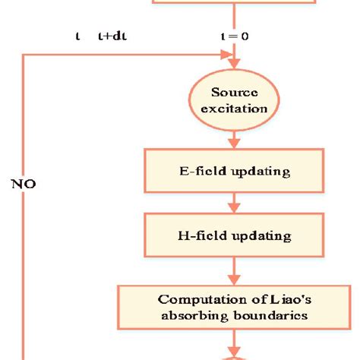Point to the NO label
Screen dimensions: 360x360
(x=24, y=183)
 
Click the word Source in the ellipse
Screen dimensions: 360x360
(x=239, y=93)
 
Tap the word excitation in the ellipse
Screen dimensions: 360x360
(x=239, y=109)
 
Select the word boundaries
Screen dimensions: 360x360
(x=271, y=314)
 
